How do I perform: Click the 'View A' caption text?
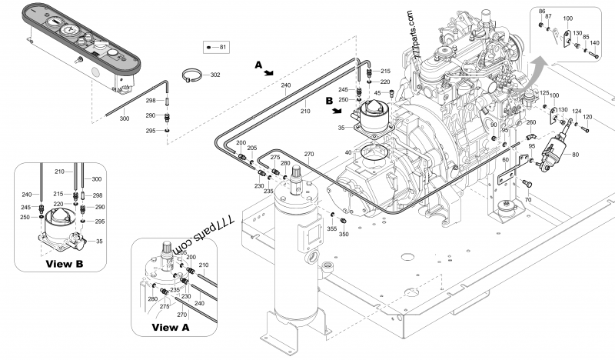(170, 326)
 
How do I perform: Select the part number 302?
(214, 75)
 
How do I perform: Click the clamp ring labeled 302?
(194, 76)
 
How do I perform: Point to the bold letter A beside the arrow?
(258, 66)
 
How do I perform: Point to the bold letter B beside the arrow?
(329, 100)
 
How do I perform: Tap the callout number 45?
(377, 93)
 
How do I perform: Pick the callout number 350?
(344, 234)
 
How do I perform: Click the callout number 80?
(577, 155)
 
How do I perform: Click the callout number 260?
(530, 122)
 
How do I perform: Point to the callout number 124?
(577, 111)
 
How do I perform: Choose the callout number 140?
(594, 43)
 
